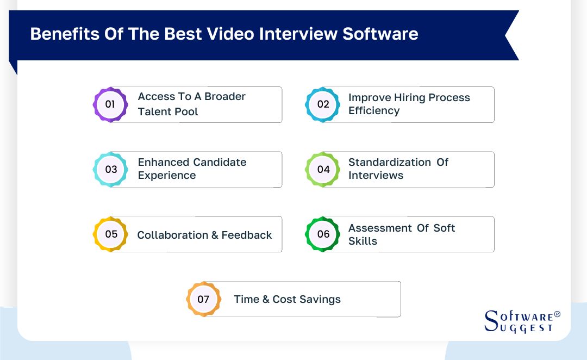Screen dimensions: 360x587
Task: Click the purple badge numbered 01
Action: click(110, 104)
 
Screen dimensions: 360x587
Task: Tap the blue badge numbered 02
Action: click(323, 104)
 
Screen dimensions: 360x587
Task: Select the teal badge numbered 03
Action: click(111, 169)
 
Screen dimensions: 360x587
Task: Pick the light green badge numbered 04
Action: click(323, 169)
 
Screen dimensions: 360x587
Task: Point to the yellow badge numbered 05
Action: click(111, 234)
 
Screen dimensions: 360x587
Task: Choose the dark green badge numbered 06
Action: click(323, 234)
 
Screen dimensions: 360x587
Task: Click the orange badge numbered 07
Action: click(203, 299)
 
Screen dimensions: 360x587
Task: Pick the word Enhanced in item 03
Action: click(163, 162)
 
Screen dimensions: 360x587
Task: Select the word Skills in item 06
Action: click(363, 241)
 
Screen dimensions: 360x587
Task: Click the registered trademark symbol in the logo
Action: click(557, 315)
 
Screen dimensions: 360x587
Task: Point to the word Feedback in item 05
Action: click(247, 235)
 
